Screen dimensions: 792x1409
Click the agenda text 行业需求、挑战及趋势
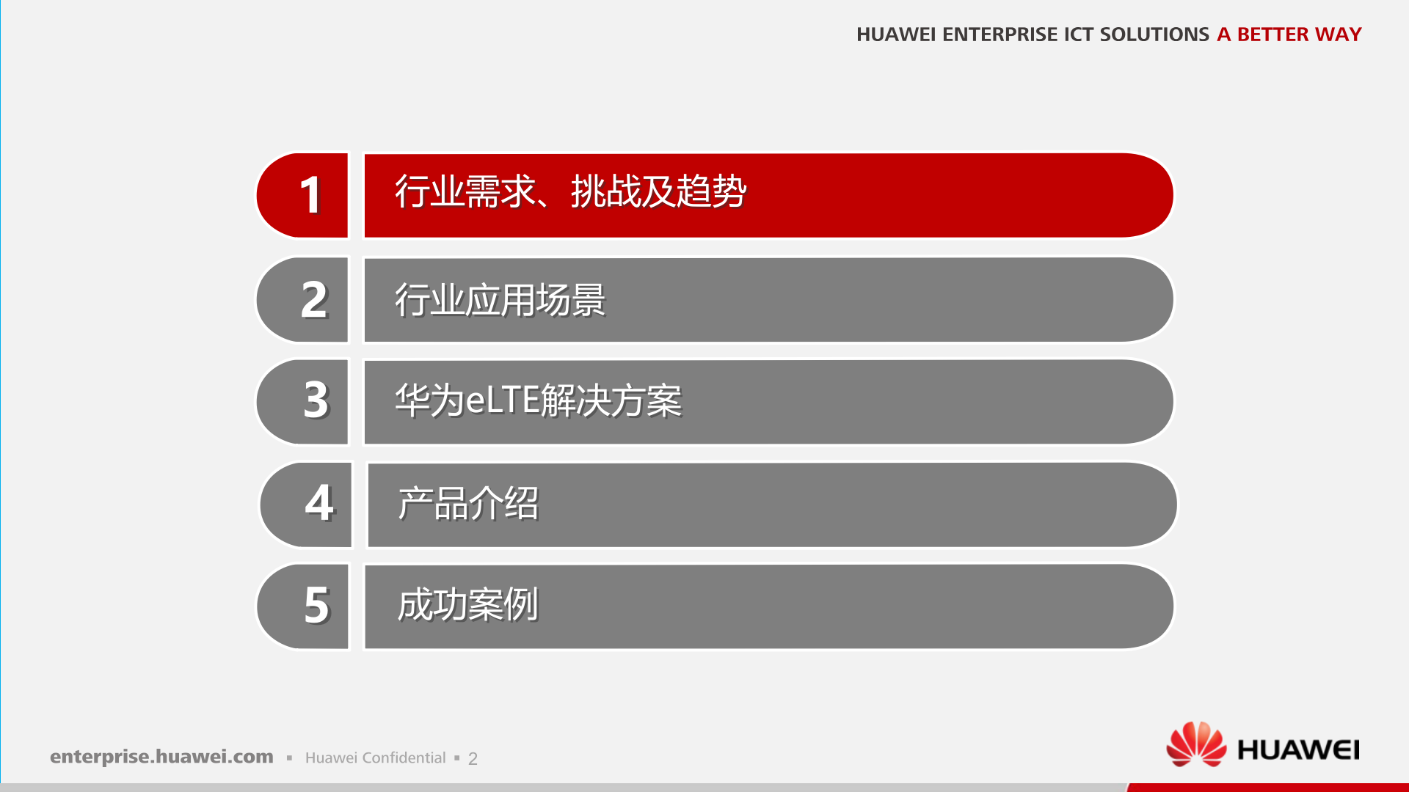pos(570,192)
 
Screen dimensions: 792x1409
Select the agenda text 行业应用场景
pos(500,300)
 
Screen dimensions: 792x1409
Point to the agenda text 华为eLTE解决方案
pos(538,401)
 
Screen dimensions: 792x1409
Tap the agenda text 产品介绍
pos(468,504)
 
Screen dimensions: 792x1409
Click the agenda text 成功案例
pos(467,605)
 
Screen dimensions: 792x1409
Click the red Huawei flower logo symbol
pos(1195,744)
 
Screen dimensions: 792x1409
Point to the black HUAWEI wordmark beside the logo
pos(1298,749)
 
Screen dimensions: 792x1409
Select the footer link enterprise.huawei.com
pos(161,757)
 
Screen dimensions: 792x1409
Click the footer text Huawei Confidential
pos(375,758)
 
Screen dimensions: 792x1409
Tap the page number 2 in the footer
pos(473,759)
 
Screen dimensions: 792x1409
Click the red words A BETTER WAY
pos(1289,34)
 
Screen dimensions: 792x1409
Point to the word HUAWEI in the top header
pos(895,34)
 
